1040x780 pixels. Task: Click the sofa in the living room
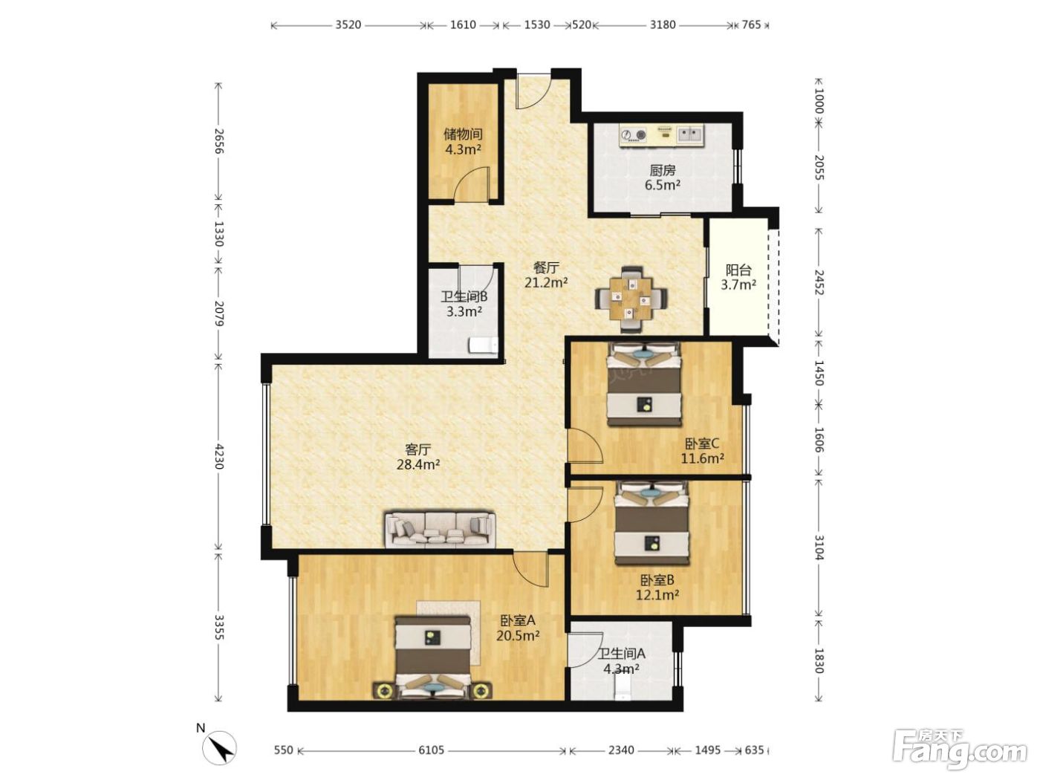[441, 530]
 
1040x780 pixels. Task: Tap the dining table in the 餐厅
[631, 299]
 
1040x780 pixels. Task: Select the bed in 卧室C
[645, 384]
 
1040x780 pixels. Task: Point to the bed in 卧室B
[652, 523]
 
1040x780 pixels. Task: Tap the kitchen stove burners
[634, 135]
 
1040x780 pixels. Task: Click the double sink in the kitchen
[690, 134]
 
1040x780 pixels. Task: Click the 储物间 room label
[463, 134]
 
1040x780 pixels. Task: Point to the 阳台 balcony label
[738, 270]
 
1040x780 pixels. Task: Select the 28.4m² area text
[418, 464]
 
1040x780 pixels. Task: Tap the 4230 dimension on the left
[218, 456]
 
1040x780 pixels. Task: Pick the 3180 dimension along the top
[663, 25]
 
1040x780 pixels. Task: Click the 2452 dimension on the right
[819, 282]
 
